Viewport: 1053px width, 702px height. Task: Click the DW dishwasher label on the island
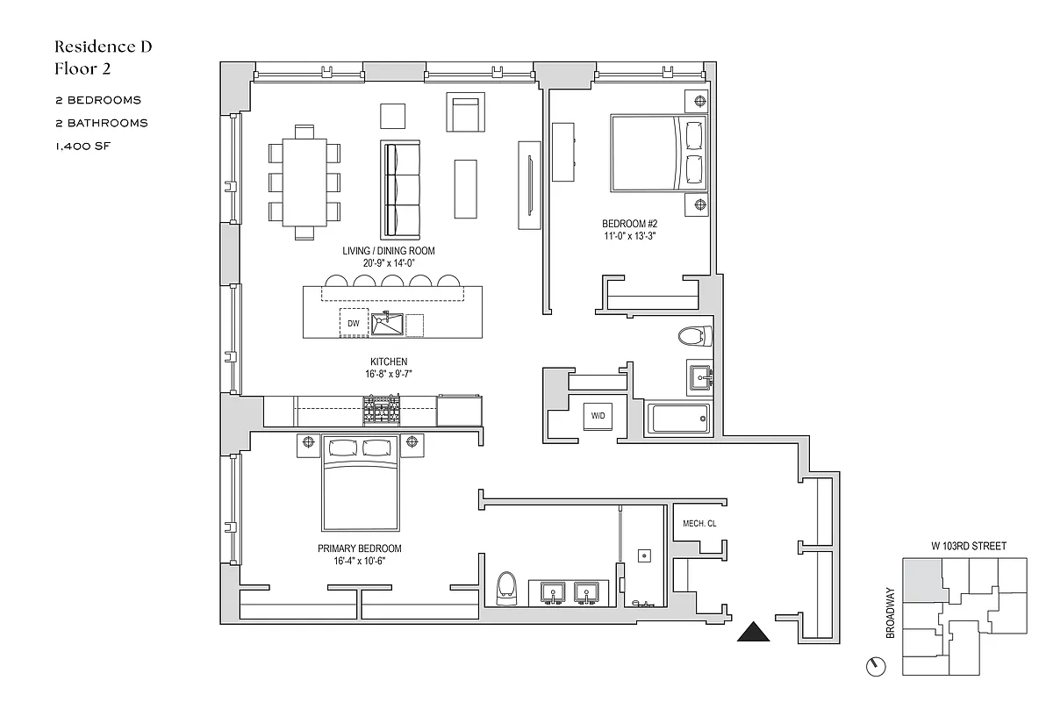pos(354,324)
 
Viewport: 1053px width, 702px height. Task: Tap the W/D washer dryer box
pos(598,416)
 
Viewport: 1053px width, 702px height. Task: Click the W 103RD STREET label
pos(968,546)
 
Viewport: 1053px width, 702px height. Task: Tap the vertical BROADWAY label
pos(891,612)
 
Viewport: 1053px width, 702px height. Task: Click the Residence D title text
pos(104,47)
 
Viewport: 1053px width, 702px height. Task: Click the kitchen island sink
pos(386,324)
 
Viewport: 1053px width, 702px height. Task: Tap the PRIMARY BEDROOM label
pos(365,548)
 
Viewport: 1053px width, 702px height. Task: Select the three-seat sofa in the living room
pos(400,184)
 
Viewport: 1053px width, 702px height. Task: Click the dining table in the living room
pos(304,183)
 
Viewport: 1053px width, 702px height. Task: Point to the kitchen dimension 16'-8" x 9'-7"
pos(388,374)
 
